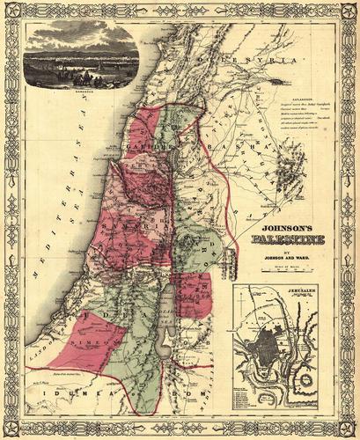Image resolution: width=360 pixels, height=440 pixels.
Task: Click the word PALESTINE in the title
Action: [279, 238]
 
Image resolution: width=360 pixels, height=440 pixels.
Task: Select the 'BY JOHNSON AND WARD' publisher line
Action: [279, 256]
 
